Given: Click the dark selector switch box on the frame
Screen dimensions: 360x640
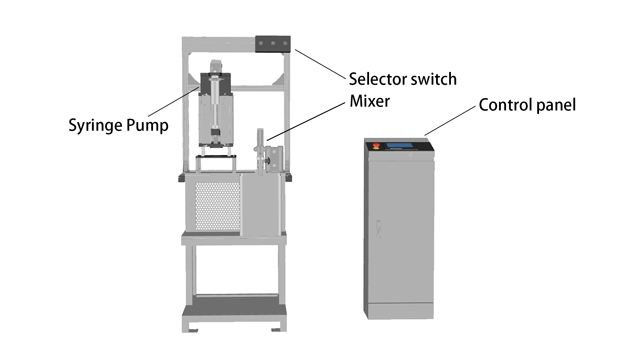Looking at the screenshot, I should (x=273, y=45).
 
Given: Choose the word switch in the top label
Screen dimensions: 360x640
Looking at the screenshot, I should (x=436, y=78).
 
